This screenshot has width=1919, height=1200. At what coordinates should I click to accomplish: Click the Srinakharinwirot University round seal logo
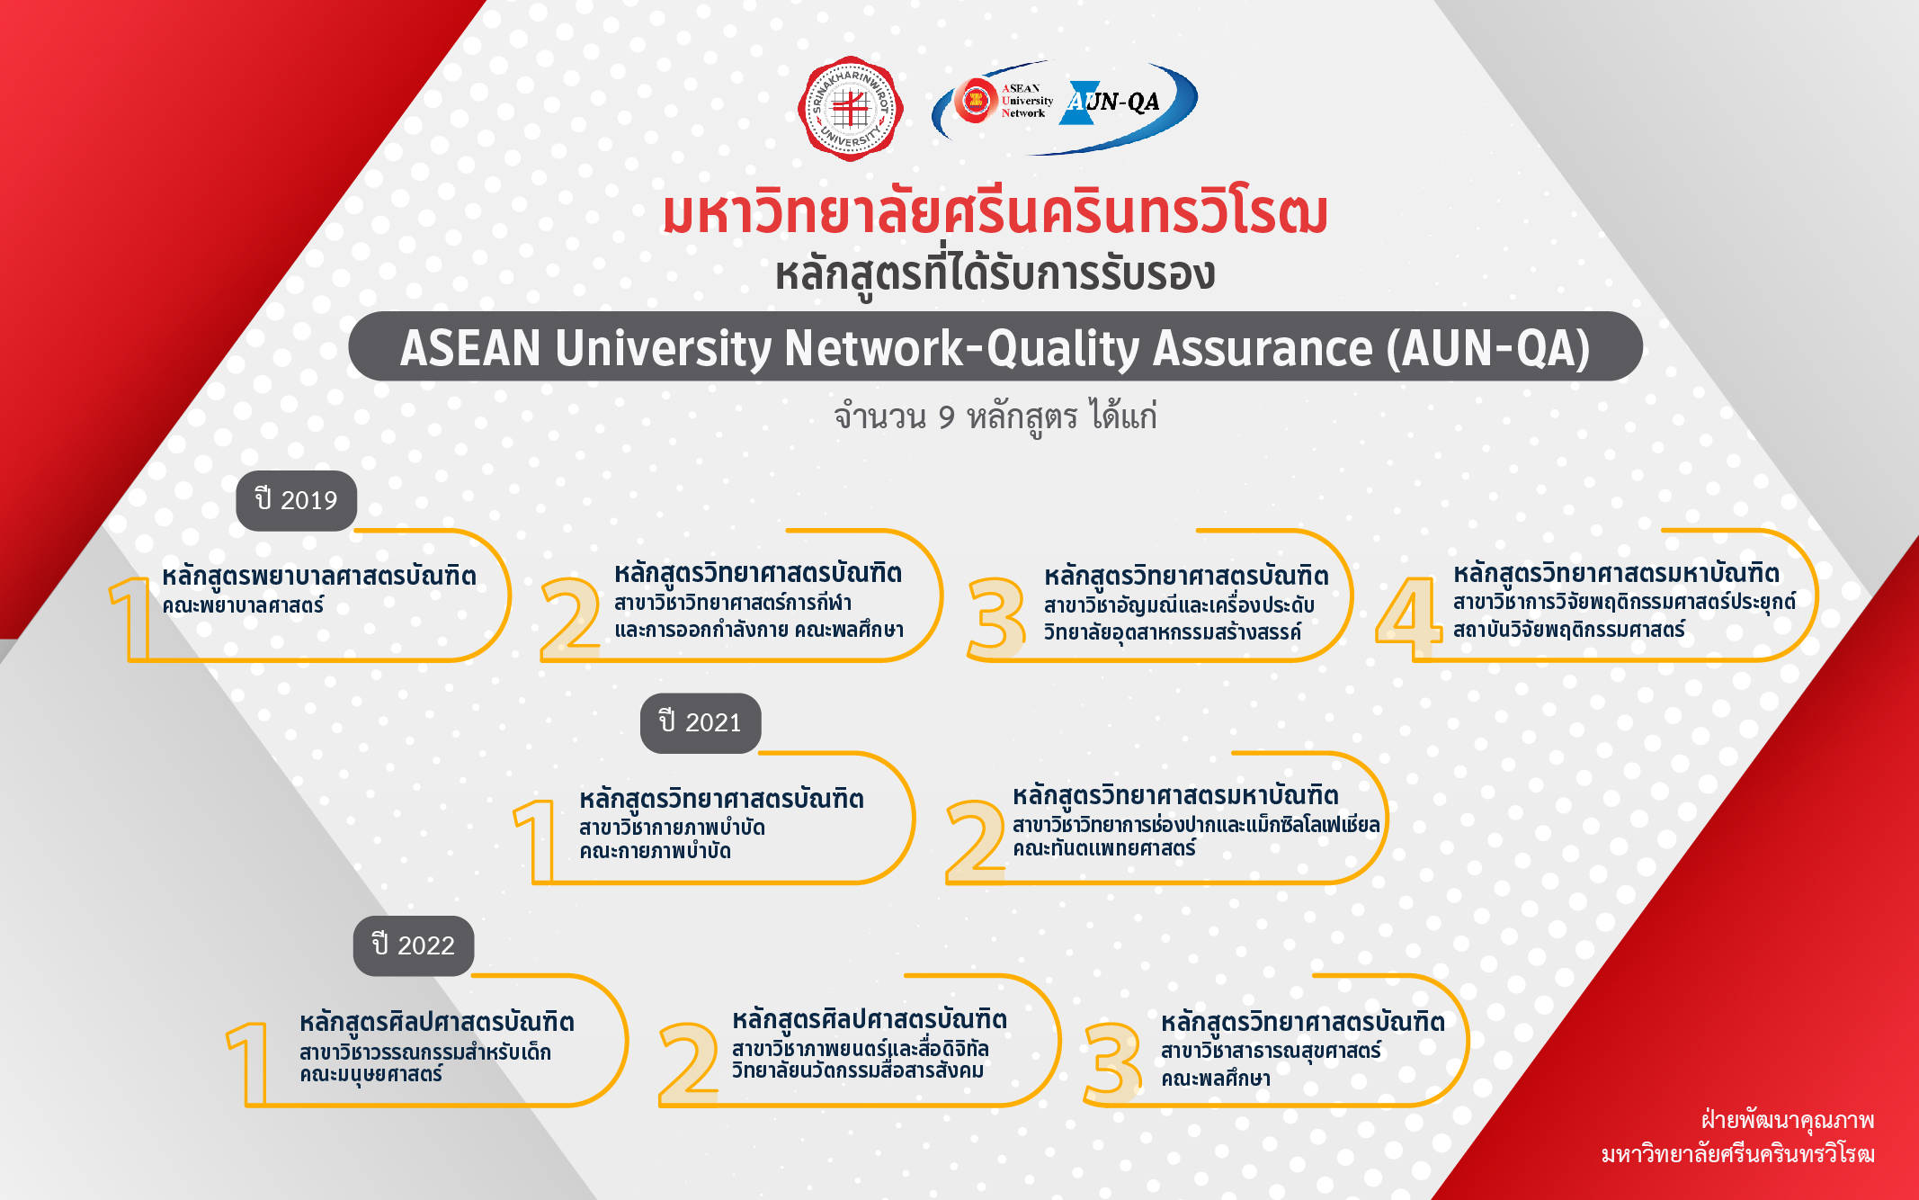850,109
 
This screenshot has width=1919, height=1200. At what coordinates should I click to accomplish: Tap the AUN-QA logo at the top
1065,106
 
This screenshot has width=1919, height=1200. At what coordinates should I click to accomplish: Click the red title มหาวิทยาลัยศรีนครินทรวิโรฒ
995,213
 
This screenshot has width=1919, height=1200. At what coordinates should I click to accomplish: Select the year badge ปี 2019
296,500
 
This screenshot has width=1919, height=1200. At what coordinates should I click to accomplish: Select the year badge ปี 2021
701,722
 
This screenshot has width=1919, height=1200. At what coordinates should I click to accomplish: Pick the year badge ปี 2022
414,945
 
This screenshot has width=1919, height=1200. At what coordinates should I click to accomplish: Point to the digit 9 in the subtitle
946,417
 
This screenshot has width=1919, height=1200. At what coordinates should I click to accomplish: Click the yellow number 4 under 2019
1409,618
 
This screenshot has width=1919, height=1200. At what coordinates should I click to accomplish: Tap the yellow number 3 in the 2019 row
997,618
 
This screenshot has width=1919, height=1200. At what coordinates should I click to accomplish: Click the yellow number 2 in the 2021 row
976,841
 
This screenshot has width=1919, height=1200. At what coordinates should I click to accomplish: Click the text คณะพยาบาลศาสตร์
243,605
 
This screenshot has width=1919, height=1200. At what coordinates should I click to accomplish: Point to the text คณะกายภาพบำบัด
655,850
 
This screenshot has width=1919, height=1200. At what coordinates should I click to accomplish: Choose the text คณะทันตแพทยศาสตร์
1104,848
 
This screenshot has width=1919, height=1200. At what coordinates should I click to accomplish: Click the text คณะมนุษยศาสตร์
371,1074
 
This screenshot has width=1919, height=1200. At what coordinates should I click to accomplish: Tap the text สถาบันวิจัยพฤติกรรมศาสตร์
1569,629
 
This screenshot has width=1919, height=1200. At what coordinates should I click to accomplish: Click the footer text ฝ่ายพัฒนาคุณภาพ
1788,1120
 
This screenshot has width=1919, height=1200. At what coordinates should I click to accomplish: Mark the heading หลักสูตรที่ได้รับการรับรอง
995,274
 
